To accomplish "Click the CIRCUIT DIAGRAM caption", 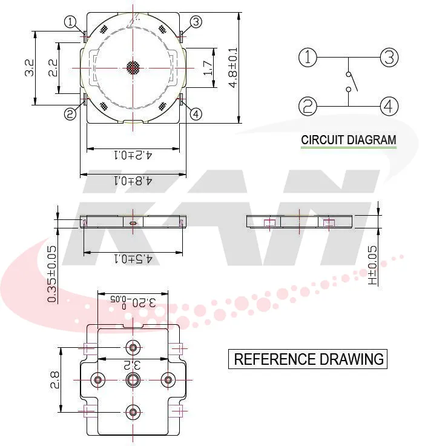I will (349, 140).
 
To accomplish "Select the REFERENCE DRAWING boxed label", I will (309, 359).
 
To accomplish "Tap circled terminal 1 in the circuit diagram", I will (308, 58).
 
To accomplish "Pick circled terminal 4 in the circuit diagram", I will (389, 107).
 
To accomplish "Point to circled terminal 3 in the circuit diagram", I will (389, 58).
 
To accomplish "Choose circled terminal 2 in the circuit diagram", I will (308, 107).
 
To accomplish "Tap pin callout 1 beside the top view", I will (71, 22).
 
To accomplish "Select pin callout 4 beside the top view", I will (196, 113).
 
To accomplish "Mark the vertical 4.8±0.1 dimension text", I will (233, 68).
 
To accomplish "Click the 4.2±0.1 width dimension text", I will (133, 155).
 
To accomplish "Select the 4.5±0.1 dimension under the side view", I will (133, 259).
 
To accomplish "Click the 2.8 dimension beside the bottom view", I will (54, 379).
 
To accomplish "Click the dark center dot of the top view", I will (133, 68).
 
